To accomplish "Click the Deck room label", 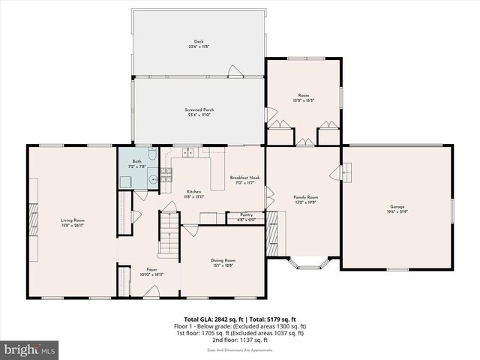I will point(199,43).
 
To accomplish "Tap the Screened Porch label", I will point(199,112).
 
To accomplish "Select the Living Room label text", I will point(73,222).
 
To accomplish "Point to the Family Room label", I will point(305,199).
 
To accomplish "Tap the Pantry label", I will point(246,217).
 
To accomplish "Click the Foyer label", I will point(151,272).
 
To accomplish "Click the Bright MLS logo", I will point(30,349).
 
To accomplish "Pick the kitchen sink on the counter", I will point(187,154).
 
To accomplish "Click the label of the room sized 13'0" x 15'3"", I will point(304,97).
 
